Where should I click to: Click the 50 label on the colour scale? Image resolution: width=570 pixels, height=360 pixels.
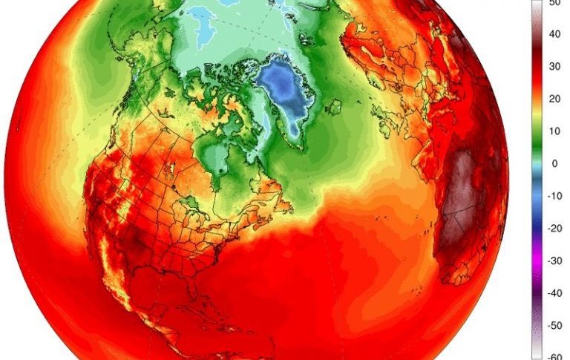(554, 3)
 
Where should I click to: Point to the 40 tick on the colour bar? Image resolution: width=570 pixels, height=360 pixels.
(554, 34)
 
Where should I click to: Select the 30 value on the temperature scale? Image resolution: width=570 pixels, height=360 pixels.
(554, 66)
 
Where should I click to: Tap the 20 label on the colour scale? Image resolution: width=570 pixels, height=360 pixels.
(554, 99)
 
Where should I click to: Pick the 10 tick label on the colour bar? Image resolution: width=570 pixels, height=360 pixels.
(554, 131)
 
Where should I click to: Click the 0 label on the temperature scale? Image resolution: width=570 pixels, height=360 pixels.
(554, 163)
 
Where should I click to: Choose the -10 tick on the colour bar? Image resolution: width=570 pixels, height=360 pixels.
(554, 196)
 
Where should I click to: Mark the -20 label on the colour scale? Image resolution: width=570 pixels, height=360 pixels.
(554, 229)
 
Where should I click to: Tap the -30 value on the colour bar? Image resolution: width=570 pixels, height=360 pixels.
(554, 261)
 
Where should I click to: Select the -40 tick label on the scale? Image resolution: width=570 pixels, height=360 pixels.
(554, 293)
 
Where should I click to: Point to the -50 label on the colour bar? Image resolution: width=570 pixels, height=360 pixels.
(554, 325)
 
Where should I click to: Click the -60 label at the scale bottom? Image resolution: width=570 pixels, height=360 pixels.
(554, 356)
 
